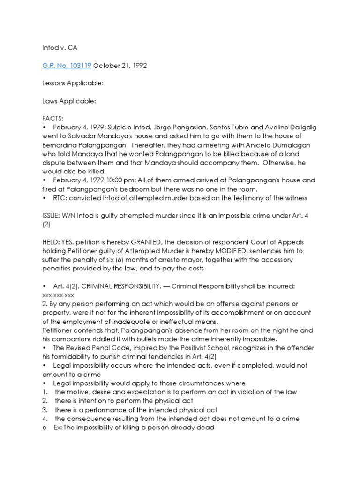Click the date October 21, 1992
pyautogui.click(x=120, y=65)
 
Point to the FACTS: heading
pyautogui.click(x=52, y=119)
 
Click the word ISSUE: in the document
pyautogui.click(x=51, y=215)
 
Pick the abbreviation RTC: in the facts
pyautogui.click(x=60, y=198)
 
